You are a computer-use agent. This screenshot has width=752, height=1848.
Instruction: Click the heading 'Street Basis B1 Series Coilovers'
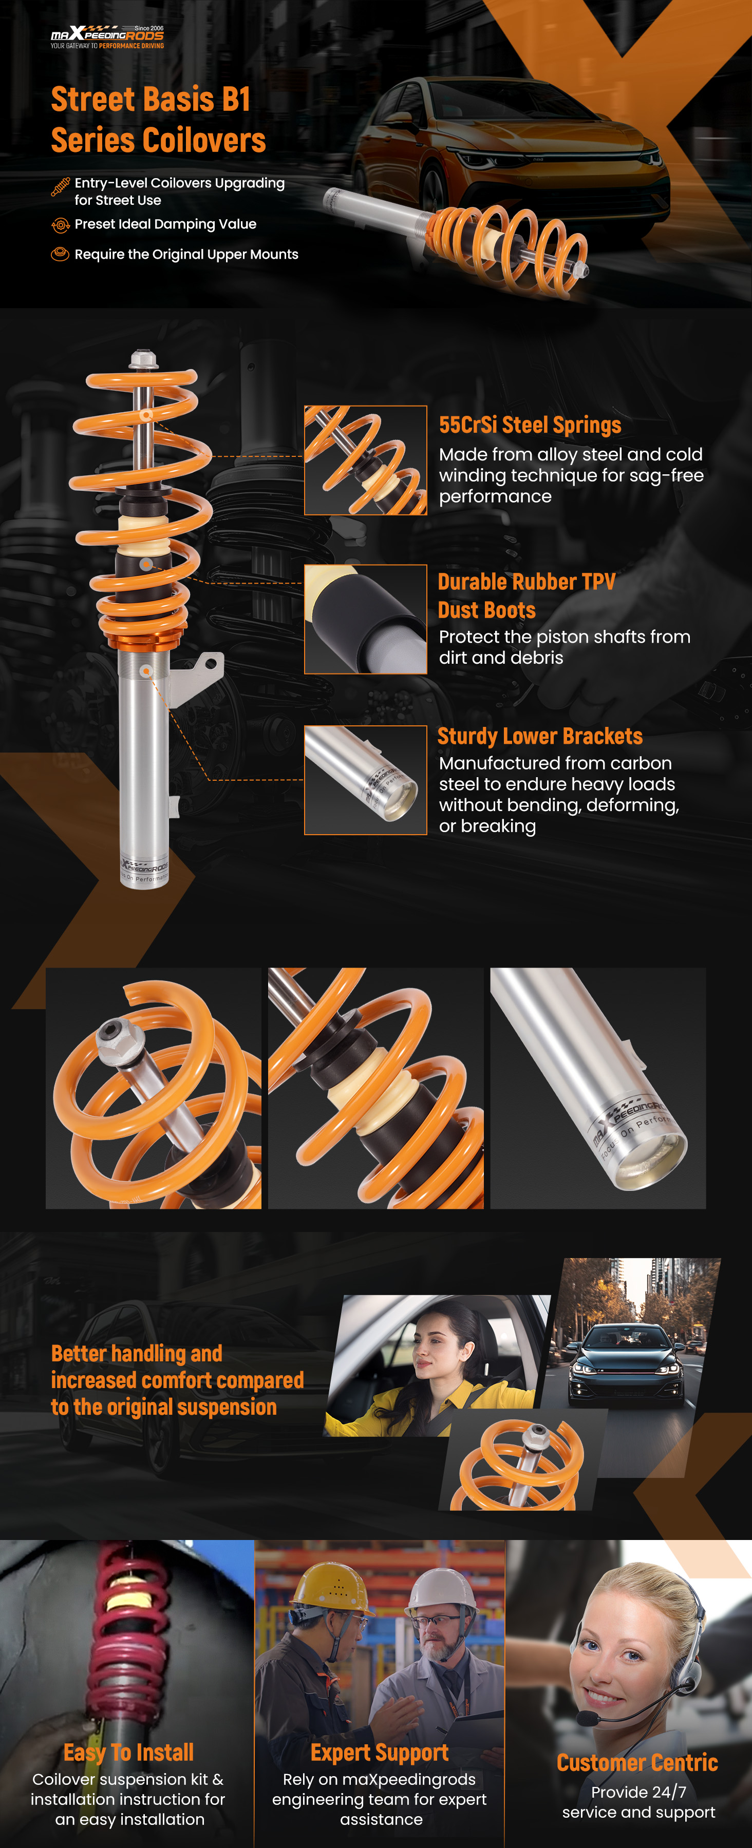(x=158, y=120)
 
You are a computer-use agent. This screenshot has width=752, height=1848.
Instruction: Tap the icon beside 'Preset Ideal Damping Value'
(x=60, y=225)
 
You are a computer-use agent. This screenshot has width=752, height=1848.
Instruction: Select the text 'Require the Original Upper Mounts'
(x=186, y=255)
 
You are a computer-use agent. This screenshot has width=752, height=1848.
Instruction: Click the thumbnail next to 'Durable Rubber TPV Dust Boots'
(x=365, y=619)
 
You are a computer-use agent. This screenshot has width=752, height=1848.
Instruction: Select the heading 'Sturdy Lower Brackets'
(x=540, y=737)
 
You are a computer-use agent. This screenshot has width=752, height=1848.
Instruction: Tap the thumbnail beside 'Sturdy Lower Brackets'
(x=365, y=780)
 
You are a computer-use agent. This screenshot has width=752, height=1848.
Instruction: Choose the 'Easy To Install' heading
(x=128, y=1753)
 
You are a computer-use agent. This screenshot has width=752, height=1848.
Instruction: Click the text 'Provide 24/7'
(x=638, y=1792)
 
